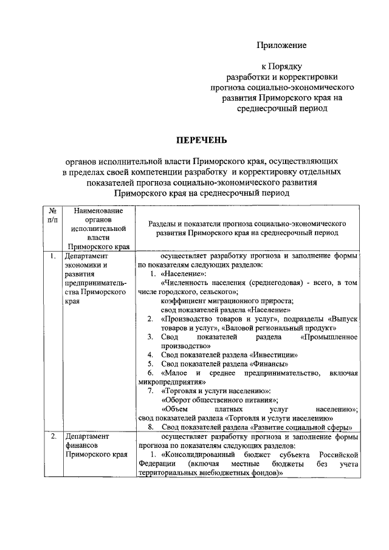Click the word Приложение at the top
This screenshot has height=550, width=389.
(281, 46)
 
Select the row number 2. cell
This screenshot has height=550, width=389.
(53, 436)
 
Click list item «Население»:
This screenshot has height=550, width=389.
(184, 274)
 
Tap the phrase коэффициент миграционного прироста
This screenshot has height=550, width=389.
(227, 301)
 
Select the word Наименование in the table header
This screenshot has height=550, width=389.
(98, 210)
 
